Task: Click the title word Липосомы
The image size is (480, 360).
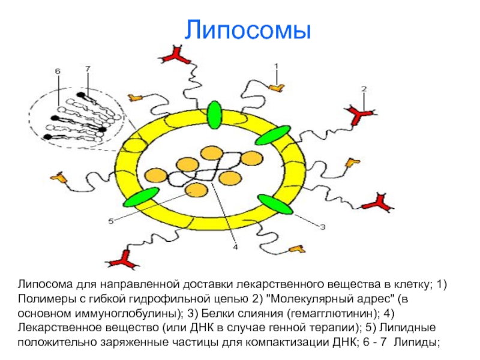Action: click(x=247, y=30)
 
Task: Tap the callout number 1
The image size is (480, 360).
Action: click(x=277, y=66)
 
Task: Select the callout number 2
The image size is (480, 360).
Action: click(x=364, y=89)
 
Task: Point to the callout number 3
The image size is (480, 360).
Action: click(x=322, y=227)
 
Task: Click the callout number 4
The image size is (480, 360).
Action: click(x=235, y=247)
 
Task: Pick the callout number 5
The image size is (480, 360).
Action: click(x=58, y=71)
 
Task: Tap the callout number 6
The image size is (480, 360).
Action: click(x=88, y=69)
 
